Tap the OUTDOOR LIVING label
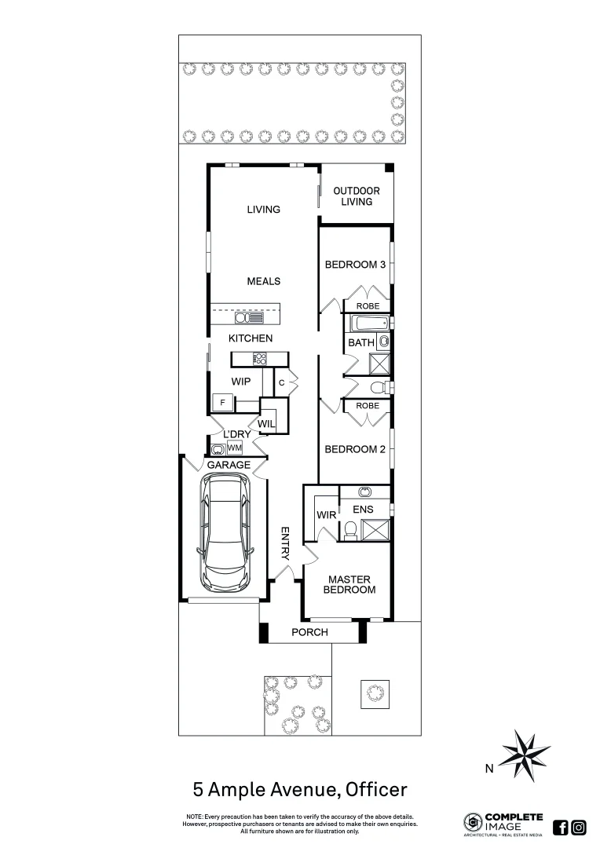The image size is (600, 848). pos(356,196)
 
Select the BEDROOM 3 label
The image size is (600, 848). pos(355,265)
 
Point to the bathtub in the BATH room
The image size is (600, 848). pos(368,323)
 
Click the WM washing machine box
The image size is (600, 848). pos(234,448)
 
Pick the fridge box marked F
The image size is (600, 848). pos(222,403)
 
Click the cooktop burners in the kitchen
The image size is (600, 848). pos(259,359)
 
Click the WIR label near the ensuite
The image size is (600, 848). pos(326,515)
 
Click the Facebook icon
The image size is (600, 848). pos(561,827)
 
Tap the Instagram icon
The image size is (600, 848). pos(579,827)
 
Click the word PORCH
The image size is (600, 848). pos(309,632)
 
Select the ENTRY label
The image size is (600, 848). pos(286,543)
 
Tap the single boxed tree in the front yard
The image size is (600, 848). pos(374,692)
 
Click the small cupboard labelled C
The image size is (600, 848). pos(282,382)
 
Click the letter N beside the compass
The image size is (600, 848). pos(488,770)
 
